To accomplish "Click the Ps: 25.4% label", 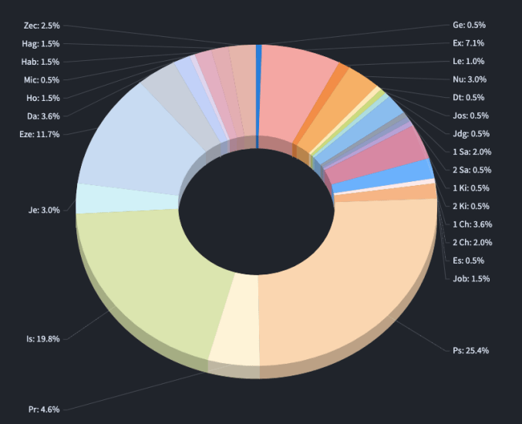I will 470,351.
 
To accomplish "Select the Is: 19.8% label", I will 43,338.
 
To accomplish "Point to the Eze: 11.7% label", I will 39,134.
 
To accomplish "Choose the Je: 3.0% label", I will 45,209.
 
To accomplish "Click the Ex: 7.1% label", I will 468,43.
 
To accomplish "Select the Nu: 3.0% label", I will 468,79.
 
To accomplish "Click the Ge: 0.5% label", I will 469,25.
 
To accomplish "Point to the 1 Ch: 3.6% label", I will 472,224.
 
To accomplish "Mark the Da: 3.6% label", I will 42,116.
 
